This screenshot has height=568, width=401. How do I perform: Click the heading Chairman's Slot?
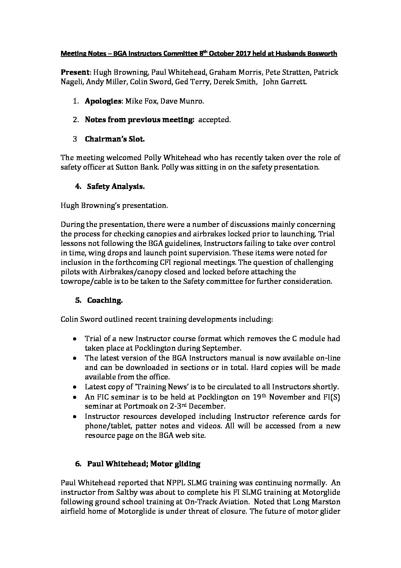point(115,139)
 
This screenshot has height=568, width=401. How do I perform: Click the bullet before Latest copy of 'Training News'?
point(76,387)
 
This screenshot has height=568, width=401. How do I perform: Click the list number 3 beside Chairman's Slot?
point(75,139)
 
